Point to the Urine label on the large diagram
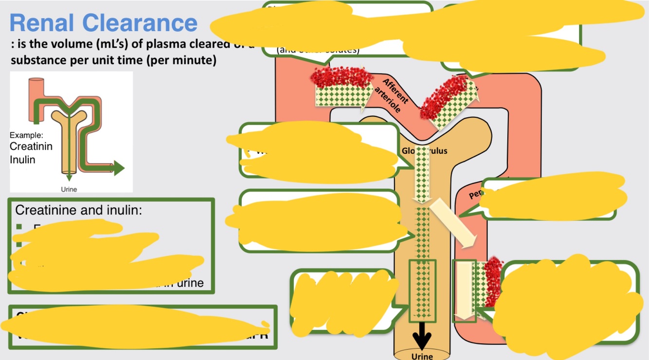[x=422, y=356]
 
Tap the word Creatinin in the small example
[x=31, y=146]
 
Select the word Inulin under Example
[x=22, y=159]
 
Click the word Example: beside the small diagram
[x=26, y=135]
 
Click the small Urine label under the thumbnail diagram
[x=69, y=189]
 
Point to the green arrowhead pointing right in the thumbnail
[x=118, y=168]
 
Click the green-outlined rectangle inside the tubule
[x=422, y=291]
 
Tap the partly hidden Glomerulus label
[x=424, y=150]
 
